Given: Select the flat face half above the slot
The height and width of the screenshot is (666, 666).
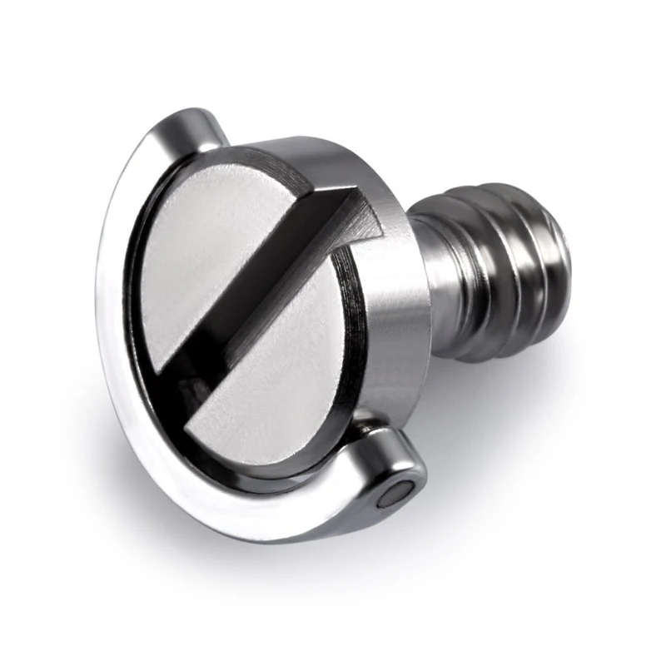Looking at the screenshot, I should [x=208, y=250].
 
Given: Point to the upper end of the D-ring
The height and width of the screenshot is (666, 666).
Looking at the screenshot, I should [x=196, y=125].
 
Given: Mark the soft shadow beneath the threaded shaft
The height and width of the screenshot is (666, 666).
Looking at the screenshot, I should [x=516, y=391].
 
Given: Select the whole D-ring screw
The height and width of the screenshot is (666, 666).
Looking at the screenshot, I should [x=333, y=333].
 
